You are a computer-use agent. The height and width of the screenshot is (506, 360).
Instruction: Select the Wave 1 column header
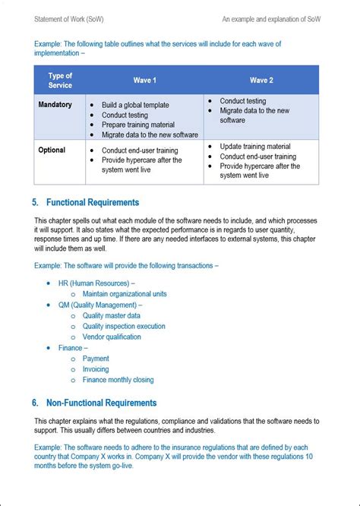(144, 80)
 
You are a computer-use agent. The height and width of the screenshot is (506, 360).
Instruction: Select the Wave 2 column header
(261, 80)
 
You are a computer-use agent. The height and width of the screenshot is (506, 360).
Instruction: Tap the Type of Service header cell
(60, 80)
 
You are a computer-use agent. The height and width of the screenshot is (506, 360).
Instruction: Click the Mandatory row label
(55, 105)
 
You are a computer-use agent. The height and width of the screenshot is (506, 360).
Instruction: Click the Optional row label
(52, 150)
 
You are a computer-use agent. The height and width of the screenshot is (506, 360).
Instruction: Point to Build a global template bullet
(135, 105)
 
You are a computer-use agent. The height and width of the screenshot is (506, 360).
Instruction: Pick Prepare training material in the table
(141, 125)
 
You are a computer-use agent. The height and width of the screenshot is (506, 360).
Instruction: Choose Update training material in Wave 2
(255, 146)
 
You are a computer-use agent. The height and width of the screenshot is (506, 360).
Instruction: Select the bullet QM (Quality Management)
(99, 305)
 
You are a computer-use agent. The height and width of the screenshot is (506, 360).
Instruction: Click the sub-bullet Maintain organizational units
(125, 294)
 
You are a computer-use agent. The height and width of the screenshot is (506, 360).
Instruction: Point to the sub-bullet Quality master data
(111, 315)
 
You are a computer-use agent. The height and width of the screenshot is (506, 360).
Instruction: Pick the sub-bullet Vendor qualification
(112, 337)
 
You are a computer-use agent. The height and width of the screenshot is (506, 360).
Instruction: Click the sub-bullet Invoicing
(96, 369)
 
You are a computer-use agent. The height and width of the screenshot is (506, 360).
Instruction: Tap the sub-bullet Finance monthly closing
(118, 380)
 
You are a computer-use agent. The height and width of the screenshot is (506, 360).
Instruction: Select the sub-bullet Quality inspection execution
(124, 326)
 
